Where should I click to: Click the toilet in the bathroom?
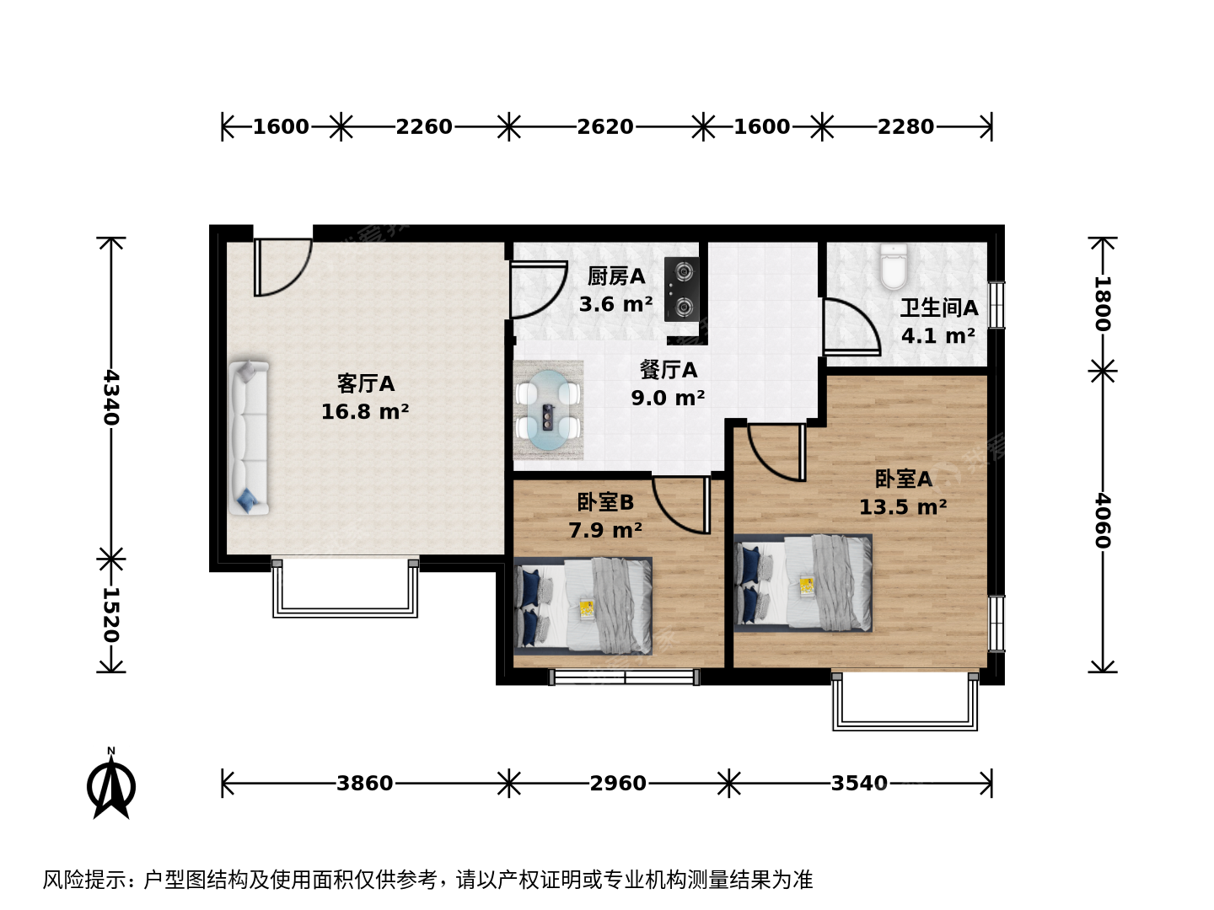click(894, 266)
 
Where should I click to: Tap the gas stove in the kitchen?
click(681, 289)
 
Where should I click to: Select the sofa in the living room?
click(249, 437)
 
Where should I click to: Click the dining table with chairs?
click(548, 410)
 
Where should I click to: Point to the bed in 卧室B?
click(583, 606)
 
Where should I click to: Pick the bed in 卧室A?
click(803, 583)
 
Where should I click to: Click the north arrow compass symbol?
click(111, 784)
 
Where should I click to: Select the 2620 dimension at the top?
click(605, 126)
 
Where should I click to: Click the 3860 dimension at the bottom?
click(364, 783)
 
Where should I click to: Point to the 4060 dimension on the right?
click(1102, 521)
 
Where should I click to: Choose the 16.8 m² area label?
click(365, 412)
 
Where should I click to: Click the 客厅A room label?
click(366, 383)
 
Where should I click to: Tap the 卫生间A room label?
click(939, 308)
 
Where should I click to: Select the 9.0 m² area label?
click(668, 398)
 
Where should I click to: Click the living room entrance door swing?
click(282, 267)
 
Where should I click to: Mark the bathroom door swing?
click(851, 327)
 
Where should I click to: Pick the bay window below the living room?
click(345, 588)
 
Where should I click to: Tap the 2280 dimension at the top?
click(906, 126)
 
